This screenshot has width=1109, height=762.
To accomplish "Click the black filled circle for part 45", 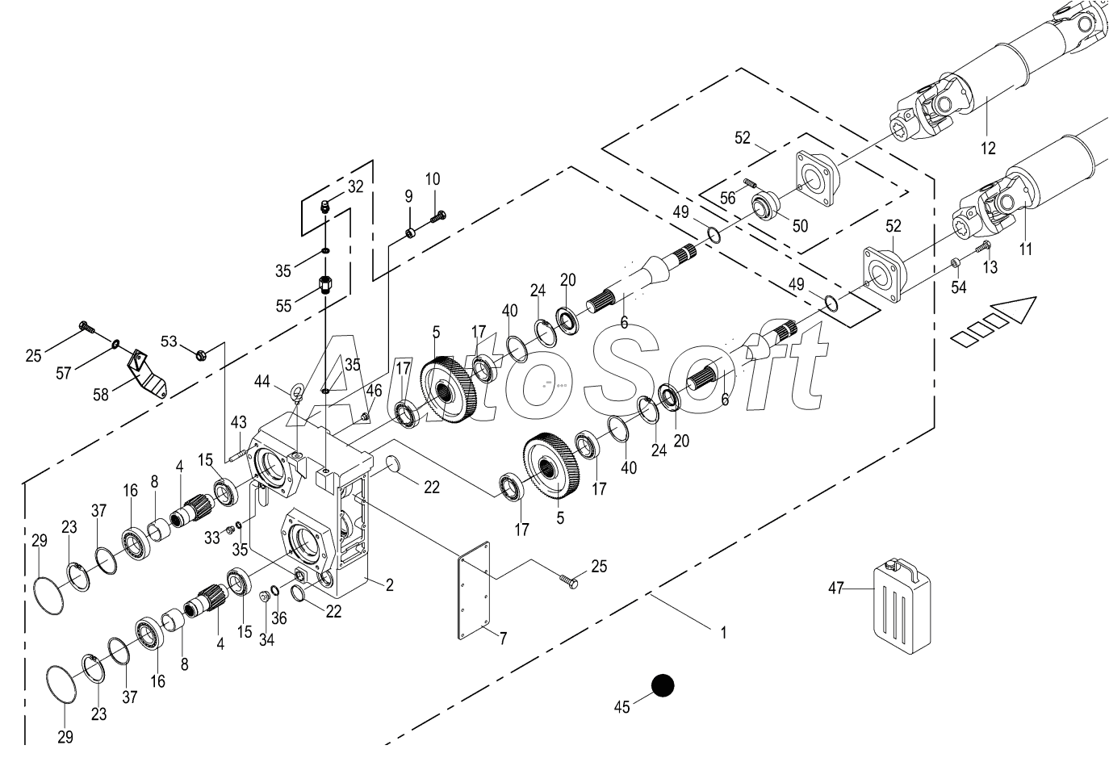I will coord(663,685).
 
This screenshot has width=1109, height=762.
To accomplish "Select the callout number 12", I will coord(988,149).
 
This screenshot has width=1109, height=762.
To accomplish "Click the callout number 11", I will coord(1025,250).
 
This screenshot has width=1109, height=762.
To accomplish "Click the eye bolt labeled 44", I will coord(297,392).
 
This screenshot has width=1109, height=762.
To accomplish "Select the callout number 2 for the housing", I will coord(389,585).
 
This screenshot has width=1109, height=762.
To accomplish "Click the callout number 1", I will coord(723,634).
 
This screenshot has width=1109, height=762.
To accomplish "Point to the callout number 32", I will coord(355,186).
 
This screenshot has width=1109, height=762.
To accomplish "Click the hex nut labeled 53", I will coord(202,353).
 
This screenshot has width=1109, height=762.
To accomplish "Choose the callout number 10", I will coord(433,178).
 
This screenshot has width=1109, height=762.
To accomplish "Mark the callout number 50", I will coord(799,226).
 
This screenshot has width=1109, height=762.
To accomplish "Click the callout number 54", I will coord(958,288).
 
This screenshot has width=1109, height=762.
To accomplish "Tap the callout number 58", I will coord(101,395).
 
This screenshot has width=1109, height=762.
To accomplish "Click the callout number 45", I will coord(621,708).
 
